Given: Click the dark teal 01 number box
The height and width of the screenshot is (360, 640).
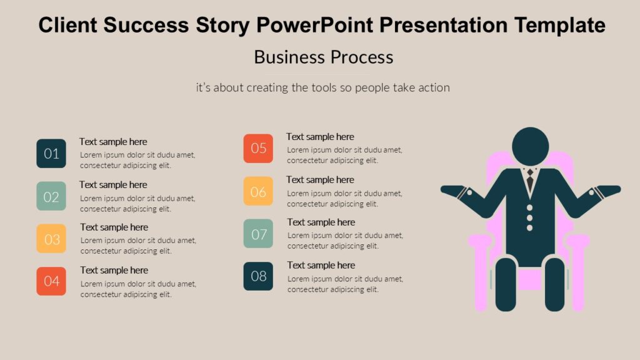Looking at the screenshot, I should (x=51, y=153).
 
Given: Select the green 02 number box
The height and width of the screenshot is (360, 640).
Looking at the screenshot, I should (x=51, y=196).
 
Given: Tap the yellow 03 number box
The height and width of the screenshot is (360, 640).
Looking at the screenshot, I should (x=51, y=239).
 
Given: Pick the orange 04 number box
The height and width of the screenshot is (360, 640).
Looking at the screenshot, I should (x=51, y=281).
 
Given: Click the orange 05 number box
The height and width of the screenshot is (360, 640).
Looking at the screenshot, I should (x=258, y=148).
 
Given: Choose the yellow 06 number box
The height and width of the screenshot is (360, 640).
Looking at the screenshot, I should (x=258, y=191).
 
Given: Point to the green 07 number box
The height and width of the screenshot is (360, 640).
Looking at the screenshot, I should (x=258, y=234).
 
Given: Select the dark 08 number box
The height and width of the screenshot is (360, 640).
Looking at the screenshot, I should (x=258, y=276).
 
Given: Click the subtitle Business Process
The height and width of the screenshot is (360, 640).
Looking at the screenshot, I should (x=323, y=57).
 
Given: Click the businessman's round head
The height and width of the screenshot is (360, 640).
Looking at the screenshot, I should (x=530, y=146).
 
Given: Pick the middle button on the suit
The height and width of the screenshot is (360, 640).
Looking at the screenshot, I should (x=530, y=217).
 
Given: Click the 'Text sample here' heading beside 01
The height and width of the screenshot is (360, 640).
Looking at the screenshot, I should (x=113, y=142).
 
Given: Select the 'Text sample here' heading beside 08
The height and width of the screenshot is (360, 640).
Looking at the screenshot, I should (x=321, y=265).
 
